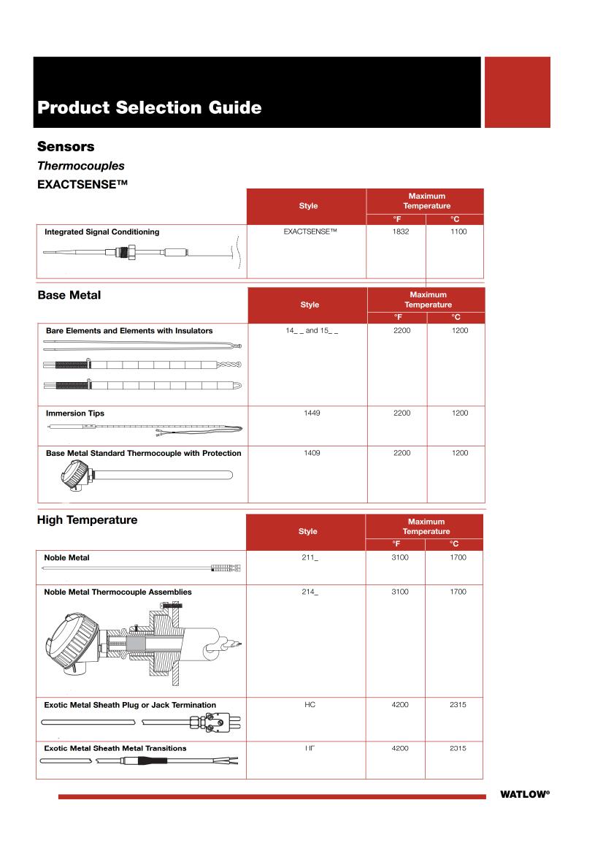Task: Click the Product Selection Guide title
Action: (149, 107)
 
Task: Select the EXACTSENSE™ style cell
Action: (309, 232)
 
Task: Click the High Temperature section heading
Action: (87, 520)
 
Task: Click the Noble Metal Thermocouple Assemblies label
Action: (118, 592)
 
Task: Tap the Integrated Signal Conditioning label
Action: (102, 232)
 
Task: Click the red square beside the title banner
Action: (517, 92)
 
